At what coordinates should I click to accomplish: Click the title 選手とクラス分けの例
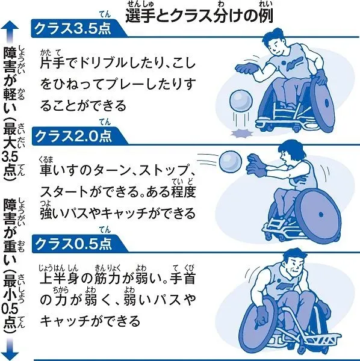(199, 16)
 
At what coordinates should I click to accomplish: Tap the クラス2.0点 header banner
(79, 136)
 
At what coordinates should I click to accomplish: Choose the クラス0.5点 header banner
(79, 244)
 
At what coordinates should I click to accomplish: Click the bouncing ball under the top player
(241, 101)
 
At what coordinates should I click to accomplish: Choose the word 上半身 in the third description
(60, 278)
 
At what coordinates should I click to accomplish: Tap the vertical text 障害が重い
(10, 232)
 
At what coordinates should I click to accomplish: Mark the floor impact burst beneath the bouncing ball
(242, 134)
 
